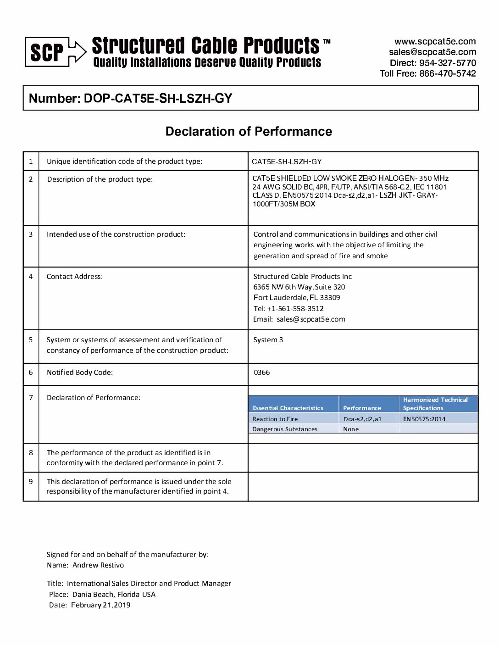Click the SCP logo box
[x=47, y=52]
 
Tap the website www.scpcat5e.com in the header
[x=435, y=41]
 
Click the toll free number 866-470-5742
[x=447, y=73]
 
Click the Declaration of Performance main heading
[x=249, y=132]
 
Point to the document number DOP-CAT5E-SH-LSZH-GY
[x=158, y=99]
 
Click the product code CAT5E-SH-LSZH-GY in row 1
[x=287, y=161]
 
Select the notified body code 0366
[x=262, y=373]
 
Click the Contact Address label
[x=75, y=277]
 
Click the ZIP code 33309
[x=330, y=298]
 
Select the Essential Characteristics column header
[x=288, y=408]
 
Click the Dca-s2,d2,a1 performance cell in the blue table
[x=362, y=419]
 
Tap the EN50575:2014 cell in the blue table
[x=424, y=419]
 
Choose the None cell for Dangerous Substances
[x=351, y=429]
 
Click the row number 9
[x=31, y=482]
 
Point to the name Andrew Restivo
[x=98, y=565]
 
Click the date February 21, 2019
[x=100, y=605]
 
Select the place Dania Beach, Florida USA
[x=114, y=595]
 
